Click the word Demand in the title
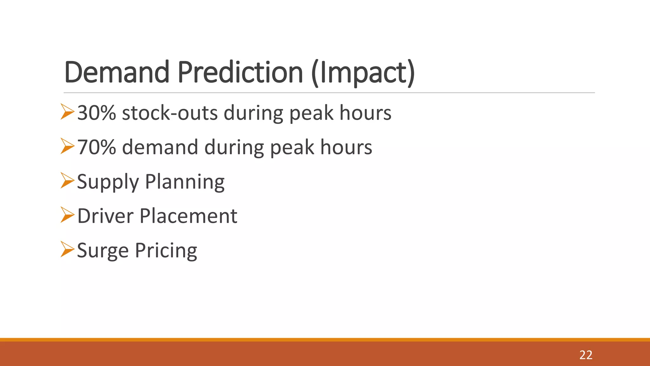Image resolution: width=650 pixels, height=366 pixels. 117,72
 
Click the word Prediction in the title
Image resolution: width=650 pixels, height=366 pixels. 240,72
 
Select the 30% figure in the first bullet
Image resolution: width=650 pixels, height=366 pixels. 96,113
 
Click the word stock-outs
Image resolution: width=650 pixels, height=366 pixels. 170,113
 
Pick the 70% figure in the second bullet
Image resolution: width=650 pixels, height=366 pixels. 96,147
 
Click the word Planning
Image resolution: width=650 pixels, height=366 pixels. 185,182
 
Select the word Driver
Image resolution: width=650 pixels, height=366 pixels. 105,216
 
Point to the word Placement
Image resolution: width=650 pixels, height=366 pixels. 189,216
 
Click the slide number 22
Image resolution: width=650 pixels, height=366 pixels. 586,355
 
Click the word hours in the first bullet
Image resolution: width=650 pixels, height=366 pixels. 365,113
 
